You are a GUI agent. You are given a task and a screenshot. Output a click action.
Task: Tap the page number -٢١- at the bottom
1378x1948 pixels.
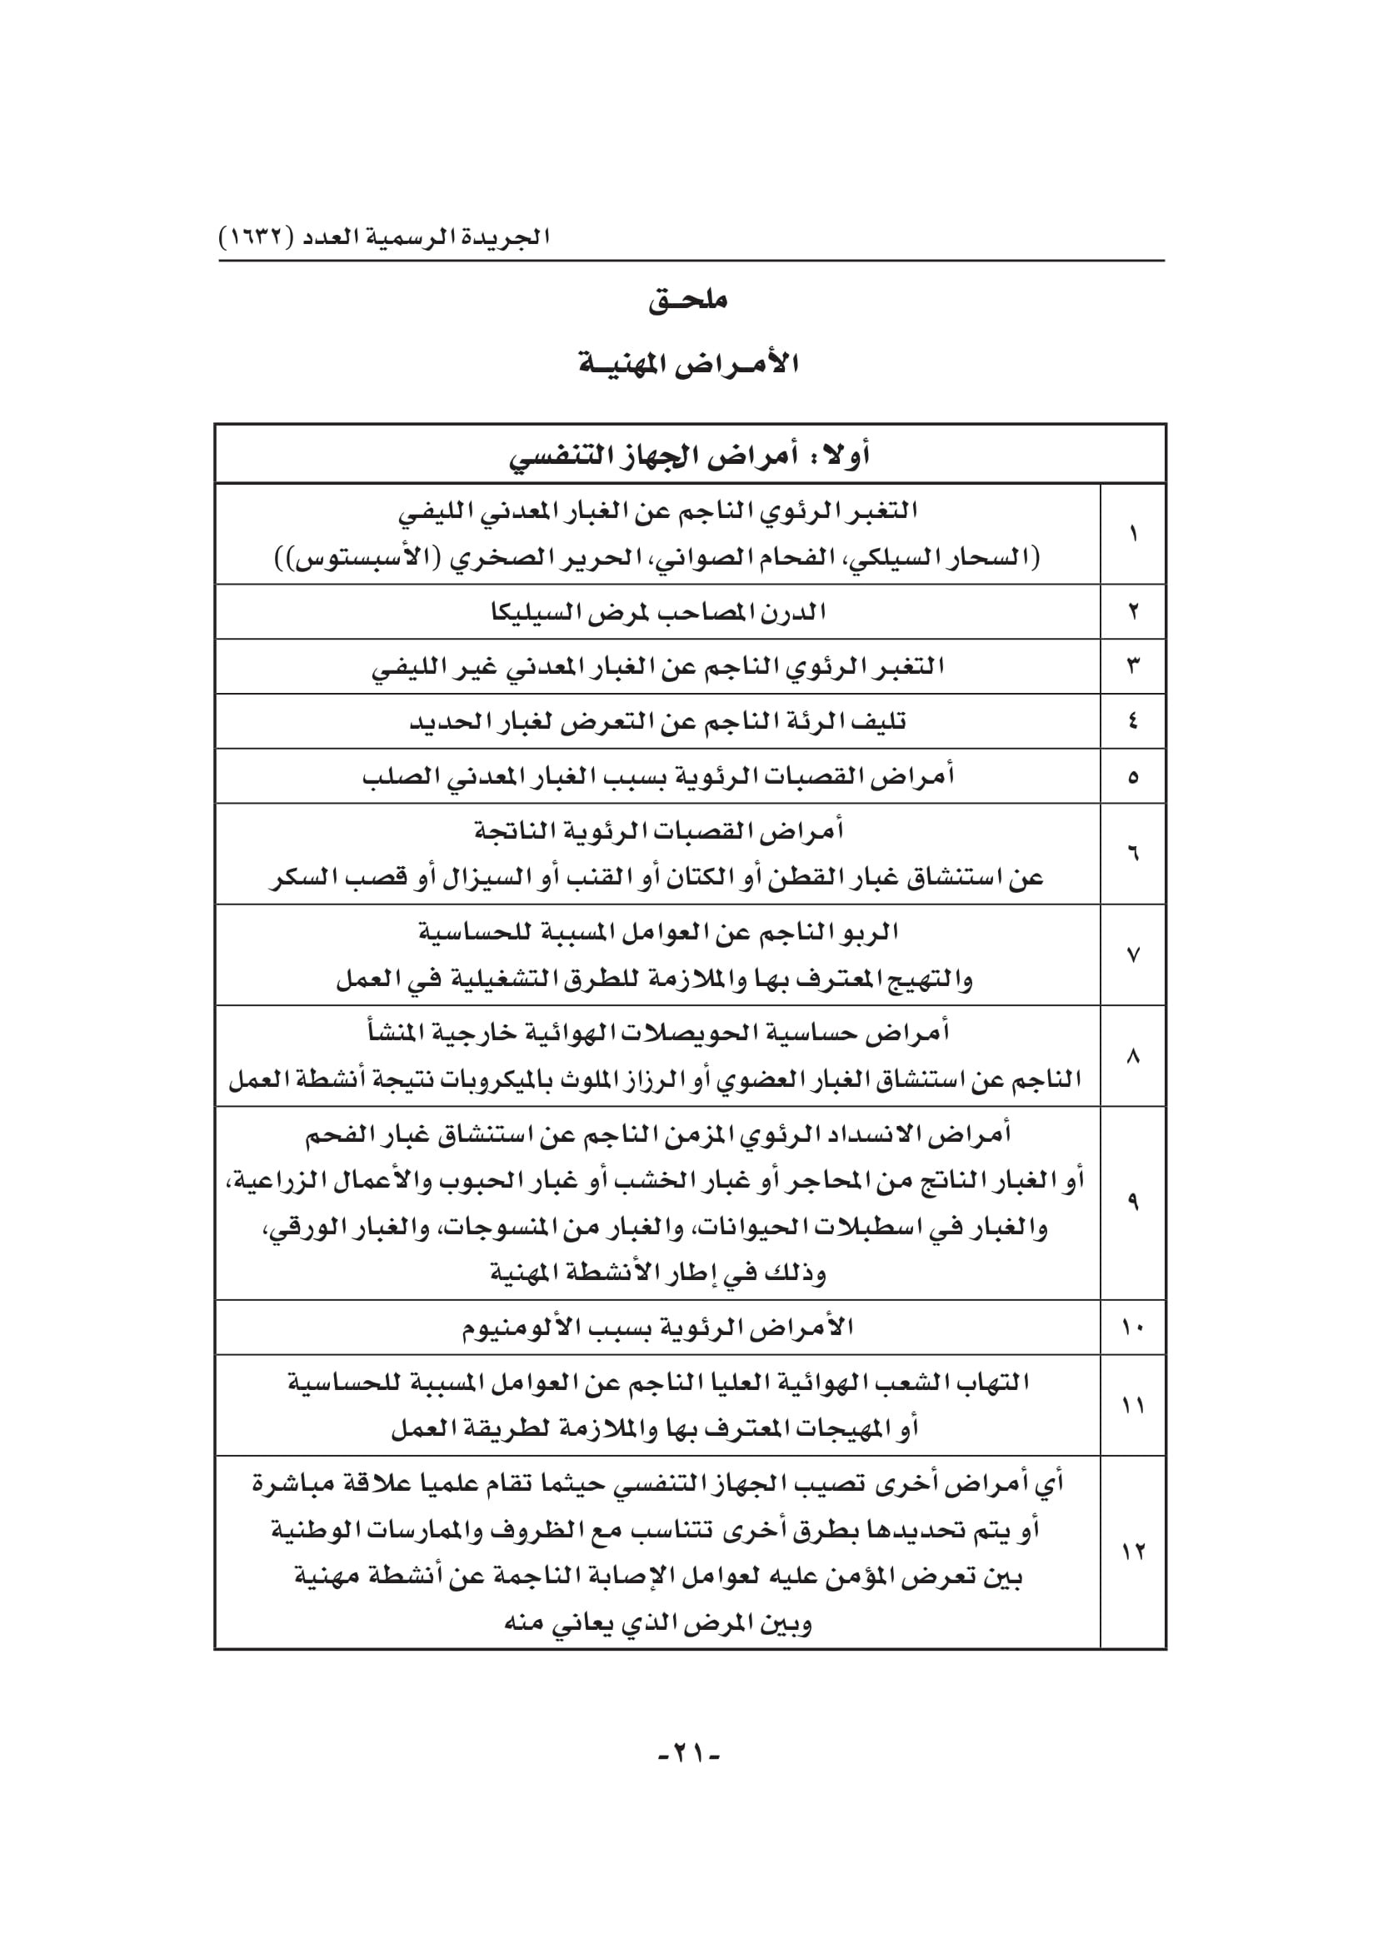click(x=688, y=1752)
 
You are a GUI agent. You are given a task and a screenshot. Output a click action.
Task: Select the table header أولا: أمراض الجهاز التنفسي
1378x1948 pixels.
click(x=689, y=456)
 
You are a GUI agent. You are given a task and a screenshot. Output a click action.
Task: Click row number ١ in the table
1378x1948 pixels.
click(x=1133, y=535)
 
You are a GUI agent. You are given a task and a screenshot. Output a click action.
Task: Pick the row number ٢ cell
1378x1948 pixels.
click(x=1133, y=612)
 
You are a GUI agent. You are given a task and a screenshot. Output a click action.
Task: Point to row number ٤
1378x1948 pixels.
click(x=1133, y=722)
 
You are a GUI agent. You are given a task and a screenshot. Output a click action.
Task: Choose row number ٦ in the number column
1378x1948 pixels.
click(x=1133, y=854)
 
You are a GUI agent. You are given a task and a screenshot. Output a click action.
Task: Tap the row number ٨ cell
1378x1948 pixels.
click(x=1133, y=1056)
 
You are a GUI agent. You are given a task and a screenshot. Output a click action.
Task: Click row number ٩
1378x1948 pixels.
click(x=1133, y=1203)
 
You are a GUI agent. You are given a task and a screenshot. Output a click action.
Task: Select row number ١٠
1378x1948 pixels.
click(x=1133, y=1328)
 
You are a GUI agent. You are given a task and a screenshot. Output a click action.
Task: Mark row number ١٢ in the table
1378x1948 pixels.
click(x=1133, y=1552)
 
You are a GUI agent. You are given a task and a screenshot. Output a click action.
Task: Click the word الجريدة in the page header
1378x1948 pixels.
click(x=510, y=237)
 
